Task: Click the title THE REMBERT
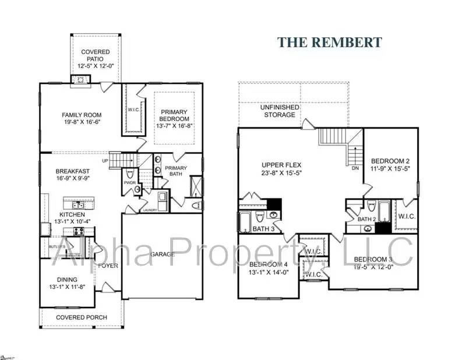(x=329, y=42)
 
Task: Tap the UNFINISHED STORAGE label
(x=280, y=111)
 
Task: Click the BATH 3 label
(x=263, y=228)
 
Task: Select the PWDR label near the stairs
(x=129, y=182)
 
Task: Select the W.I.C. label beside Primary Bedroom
(x=133, y=110)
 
